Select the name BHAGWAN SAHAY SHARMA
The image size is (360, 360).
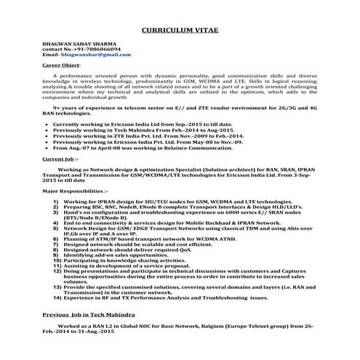76,44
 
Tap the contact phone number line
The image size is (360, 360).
71,49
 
